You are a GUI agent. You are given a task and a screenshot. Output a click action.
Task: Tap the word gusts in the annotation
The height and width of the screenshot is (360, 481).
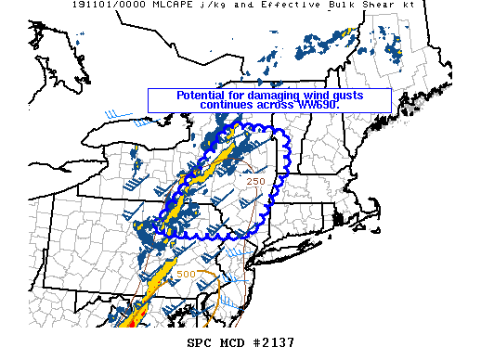[x=345, y=96]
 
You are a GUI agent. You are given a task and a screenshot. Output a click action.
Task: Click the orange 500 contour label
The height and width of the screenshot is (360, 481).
[x=186, y=275]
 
